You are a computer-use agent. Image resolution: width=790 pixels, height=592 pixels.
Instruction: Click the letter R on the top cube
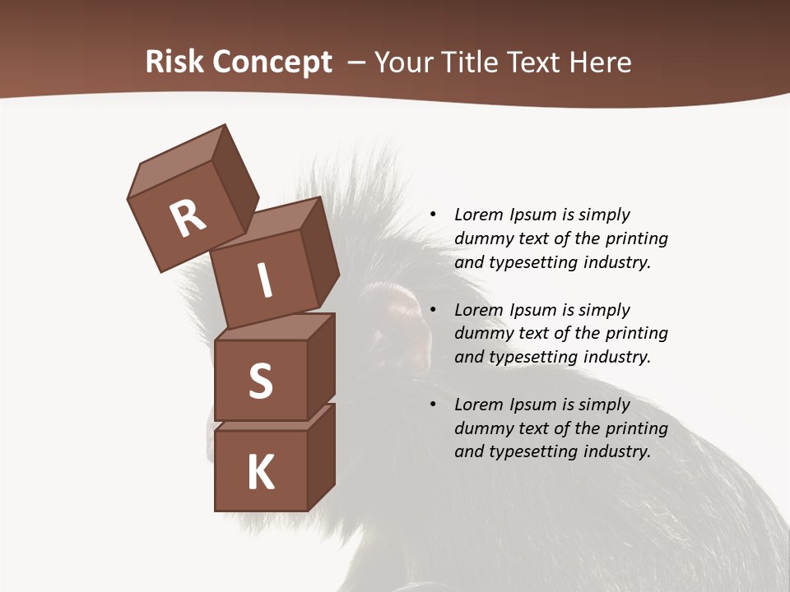(188, 219)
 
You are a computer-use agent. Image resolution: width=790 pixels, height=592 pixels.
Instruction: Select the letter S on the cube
(260, 381)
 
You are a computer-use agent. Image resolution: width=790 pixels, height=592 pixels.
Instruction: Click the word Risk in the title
(175, 62)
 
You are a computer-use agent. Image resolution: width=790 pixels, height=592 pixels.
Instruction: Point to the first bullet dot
(433, 215)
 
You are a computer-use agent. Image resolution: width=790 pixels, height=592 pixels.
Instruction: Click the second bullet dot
(433, 310)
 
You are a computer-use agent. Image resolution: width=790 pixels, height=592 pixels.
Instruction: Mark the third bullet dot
(433, 405)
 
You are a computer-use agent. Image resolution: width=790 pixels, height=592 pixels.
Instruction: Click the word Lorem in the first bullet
(479, 215)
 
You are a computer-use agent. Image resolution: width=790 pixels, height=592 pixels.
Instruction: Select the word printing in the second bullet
(636, 334)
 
